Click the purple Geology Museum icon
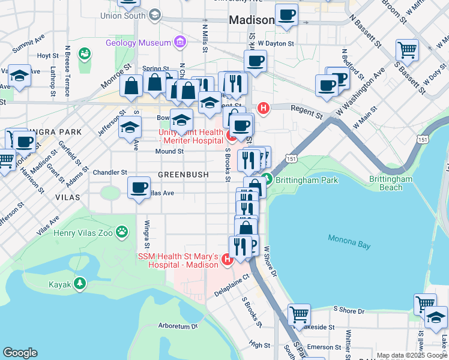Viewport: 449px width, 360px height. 179,43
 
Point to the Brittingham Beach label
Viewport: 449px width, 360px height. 391,183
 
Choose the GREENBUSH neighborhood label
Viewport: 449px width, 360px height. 183,175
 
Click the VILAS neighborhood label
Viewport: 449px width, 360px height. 67,197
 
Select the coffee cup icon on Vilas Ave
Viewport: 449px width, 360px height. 139,188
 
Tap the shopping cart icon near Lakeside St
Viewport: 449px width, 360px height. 299,314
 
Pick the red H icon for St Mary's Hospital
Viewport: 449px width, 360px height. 227,259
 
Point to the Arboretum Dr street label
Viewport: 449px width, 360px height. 178,326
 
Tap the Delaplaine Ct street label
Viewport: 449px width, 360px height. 232,278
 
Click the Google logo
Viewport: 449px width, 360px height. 20,353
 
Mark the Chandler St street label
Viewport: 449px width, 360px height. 110,172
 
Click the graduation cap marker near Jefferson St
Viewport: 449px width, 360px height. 130,127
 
